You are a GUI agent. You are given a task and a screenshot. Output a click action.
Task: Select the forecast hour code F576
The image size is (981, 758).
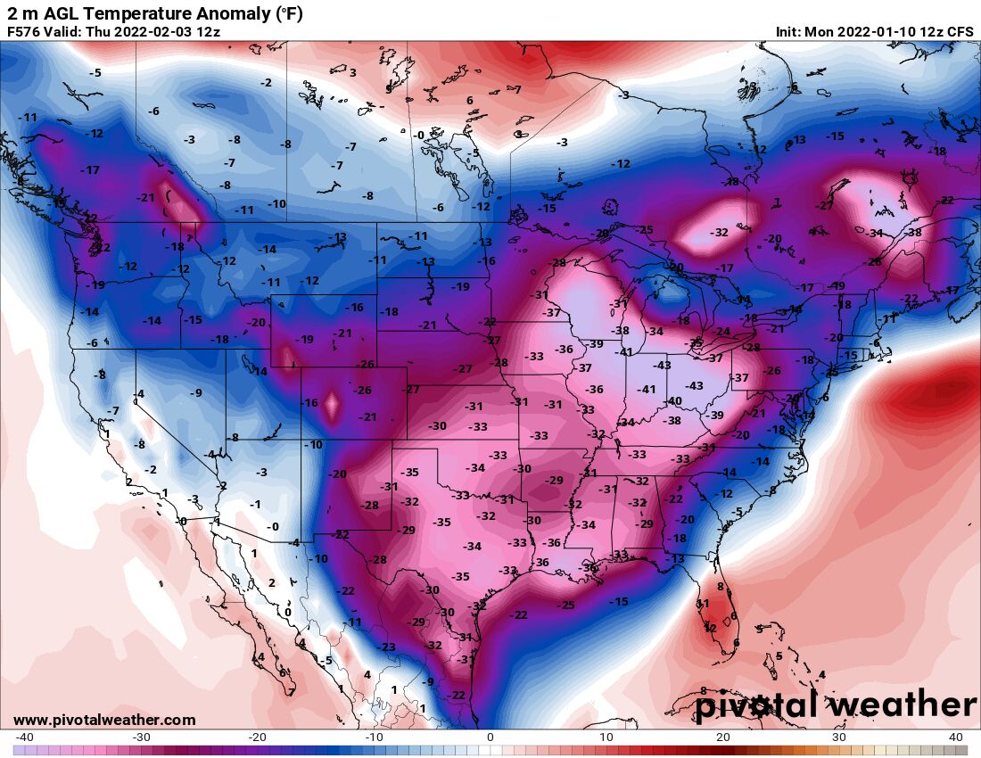click(26, 31)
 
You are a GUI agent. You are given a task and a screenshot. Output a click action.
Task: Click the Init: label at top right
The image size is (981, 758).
click(788, 31)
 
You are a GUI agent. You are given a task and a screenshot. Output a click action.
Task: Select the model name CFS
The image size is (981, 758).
click(960, 31)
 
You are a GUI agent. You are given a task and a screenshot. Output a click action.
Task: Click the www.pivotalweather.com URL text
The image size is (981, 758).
click(104, 720)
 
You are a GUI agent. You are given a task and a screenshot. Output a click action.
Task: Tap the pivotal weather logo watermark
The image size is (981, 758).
click(837, 705)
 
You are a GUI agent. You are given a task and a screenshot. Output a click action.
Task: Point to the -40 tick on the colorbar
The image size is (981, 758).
click(24, 737)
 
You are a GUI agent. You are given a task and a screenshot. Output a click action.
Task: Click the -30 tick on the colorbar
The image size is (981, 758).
click(140, 737)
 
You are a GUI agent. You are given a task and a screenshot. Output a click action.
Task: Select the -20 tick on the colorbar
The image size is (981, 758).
click(257, 737)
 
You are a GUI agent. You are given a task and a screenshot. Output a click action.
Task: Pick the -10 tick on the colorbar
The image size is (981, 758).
click(373, 737)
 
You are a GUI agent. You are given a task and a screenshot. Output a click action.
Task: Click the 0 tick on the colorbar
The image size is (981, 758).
click(490, 737)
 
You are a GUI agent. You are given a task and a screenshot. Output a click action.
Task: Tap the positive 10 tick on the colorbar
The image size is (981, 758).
click(606, 737)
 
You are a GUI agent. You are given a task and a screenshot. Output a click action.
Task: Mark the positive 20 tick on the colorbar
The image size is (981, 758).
click(723, 737)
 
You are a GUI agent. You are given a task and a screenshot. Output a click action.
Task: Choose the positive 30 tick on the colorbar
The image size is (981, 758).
click(839, 737)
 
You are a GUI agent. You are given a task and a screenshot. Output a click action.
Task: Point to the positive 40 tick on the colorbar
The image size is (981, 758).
click(956, 737)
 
